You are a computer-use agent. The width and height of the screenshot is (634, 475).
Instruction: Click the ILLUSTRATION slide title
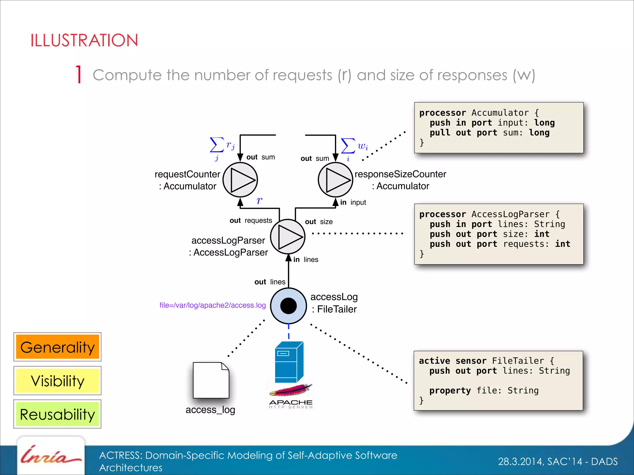pyautogui.click(x=84, y=41)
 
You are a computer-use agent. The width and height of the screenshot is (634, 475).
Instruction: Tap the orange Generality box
pyautogui.click(x=58, y=347)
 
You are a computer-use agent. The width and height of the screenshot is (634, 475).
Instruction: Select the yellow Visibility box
pyautogui.click(x=58, y=381)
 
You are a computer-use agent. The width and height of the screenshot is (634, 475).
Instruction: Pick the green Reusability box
pyautogui.click(x=58, y=414)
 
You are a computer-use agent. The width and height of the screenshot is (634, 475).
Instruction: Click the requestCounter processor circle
pyautogui.click(x=240, y=180)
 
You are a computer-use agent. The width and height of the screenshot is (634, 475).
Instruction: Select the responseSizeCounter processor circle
pyautogui.click(x=336, y=180)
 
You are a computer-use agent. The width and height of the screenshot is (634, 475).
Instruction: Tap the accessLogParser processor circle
pyautogui.click(x=288, y=237)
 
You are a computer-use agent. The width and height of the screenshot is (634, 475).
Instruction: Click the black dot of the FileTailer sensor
pyautogui.click(x=289, y=306)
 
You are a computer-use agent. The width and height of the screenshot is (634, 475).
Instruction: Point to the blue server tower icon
pyautogui.click(x=289, y=362)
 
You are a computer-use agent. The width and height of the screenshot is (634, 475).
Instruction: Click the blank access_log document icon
pyautogui.click(x=211, y=380)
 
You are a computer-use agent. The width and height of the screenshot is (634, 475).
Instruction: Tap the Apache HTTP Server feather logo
pyautogui.click(x=291, y=390)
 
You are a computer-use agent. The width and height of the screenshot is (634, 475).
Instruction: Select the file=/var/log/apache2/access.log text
pyautogui.click(x=212, y=305)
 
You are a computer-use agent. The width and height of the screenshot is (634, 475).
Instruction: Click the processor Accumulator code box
pyautogui.click(x=499, y=127)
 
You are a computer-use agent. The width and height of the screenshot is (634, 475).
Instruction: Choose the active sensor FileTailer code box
pyautogui.click(x=498, y=380)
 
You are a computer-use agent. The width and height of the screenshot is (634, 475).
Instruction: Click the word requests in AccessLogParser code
pyautogui.click(x=523, y=244)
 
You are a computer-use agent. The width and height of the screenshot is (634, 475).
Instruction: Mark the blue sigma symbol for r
pyautogui.click(x=217, y=145)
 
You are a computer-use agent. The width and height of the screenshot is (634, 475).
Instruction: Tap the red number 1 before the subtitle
pyautogui.click(x=79, y=75)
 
